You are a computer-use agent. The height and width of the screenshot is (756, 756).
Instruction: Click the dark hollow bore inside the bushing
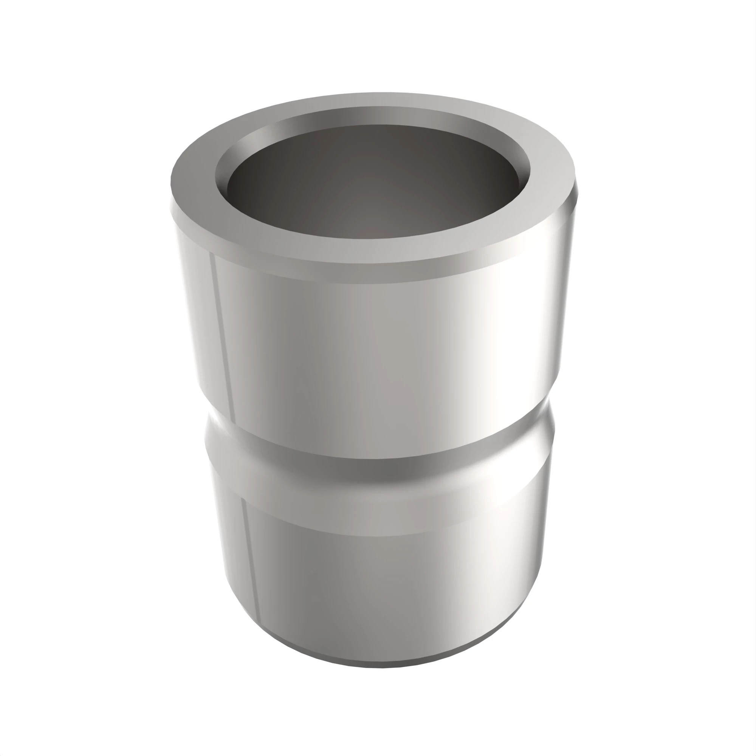point(372,184)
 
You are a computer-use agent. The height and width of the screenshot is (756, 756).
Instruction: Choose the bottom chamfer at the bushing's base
point(376,654)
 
